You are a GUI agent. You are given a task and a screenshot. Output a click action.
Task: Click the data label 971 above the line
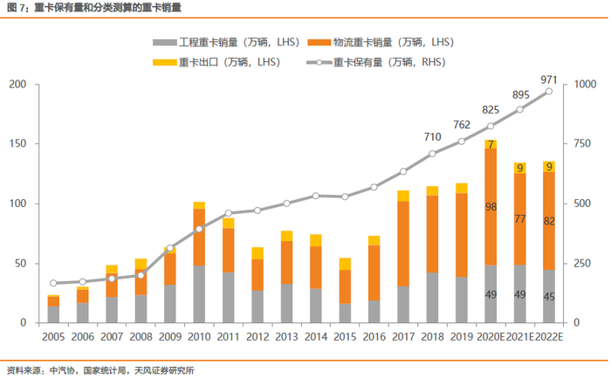click(548, 79)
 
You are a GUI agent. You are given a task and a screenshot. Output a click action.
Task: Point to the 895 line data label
click(521, 95)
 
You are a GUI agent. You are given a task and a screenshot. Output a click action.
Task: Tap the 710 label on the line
click(432, 137)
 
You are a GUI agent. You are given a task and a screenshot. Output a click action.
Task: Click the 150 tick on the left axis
click(17, 144)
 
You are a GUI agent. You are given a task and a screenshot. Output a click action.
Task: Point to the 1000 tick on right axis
click(583, 85)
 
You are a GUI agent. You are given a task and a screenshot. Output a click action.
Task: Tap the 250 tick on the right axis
click(580, 264)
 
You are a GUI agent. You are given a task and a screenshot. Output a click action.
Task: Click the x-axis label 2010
click(199, 336)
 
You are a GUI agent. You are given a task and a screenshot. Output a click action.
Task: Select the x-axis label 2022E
click(548, 336)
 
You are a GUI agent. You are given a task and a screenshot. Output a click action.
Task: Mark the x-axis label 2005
click(53, 336)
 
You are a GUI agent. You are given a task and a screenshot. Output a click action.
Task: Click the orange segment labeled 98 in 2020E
click(491, 207)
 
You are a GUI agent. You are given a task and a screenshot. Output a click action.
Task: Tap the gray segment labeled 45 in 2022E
click(548, 296)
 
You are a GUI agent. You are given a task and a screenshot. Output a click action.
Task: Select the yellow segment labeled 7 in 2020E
click(491, 144)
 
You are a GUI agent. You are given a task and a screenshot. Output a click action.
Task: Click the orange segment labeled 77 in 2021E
click(519, 218)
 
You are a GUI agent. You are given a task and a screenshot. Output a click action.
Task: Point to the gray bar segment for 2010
click(199, 294)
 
